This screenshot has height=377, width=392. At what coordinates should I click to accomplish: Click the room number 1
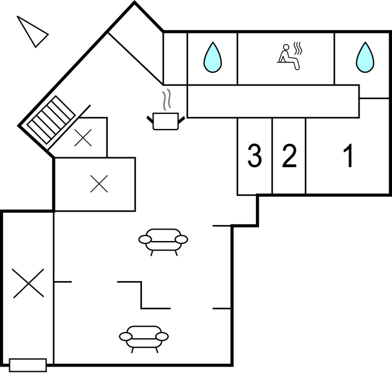[x=349, y=156]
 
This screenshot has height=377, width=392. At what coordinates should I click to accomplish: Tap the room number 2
[x=290, y=156]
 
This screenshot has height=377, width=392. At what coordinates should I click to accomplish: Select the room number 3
[x=255, y=156]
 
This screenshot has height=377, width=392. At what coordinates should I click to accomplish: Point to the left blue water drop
[x=213, y=58]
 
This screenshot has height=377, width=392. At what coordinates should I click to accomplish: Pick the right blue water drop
[x=365, y=58]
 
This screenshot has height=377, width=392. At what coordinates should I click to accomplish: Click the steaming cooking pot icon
[x=166, y=110]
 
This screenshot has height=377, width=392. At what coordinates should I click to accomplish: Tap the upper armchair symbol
[x=163, y=242]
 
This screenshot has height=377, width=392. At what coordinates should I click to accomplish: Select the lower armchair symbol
[x=144, y=339]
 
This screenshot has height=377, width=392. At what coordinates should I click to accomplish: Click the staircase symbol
[x=51, y=120]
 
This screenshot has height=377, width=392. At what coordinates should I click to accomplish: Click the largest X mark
[x=28, y=283]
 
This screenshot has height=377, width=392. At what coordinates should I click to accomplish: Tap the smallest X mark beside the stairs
[x=83, y=138]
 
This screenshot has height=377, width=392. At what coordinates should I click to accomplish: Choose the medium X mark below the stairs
[x=99, y=184]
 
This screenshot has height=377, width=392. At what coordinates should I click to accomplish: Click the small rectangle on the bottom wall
[x=28, y=365]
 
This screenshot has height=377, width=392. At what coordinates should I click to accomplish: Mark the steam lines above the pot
[x=167, y=99]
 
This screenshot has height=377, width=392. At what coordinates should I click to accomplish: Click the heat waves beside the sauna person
[x=298, y=48]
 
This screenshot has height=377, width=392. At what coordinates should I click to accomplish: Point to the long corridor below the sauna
[x=273, y=101]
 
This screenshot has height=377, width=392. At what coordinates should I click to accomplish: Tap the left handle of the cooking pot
[x=150, y=119]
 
